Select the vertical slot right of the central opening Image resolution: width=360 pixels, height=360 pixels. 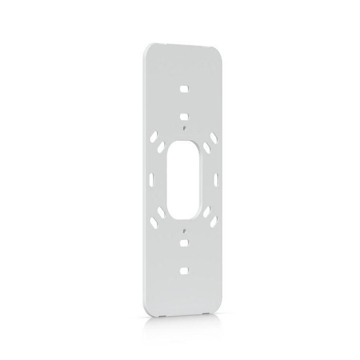[x=217, y=179]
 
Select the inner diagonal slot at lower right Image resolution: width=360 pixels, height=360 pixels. [x=206, y=211]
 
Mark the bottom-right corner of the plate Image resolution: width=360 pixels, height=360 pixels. [x=220, y=312]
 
